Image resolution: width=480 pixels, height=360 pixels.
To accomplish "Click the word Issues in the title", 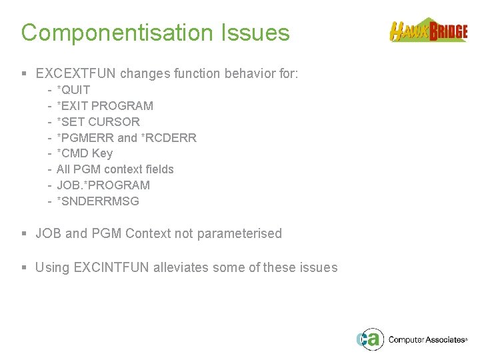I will [x=257, y=33].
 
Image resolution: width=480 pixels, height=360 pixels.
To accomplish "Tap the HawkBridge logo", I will [x=428, y=31].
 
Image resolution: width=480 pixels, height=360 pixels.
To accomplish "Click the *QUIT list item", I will [x=73, y=90].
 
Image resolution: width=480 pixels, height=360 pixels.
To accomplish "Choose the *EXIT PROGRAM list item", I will [x=105, y=106].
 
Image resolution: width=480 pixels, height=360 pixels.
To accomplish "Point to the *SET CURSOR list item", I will [x=98, y=122].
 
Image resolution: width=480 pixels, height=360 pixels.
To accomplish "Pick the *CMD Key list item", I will [x=85, y=153].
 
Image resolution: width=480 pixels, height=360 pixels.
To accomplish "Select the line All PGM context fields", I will [x=115, y=169].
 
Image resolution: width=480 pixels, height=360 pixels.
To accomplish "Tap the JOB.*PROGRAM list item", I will [x=103, y=185].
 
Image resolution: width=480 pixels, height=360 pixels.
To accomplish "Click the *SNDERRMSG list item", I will [x=98, y=201].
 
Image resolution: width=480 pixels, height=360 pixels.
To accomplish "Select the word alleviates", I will [x=182, y=267].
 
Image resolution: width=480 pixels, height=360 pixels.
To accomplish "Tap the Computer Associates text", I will [x=427, y=340].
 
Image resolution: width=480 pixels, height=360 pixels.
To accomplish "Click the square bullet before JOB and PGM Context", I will [x=25, y=234].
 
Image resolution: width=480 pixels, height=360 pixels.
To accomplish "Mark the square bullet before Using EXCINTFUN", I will [x=25, y=268].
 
